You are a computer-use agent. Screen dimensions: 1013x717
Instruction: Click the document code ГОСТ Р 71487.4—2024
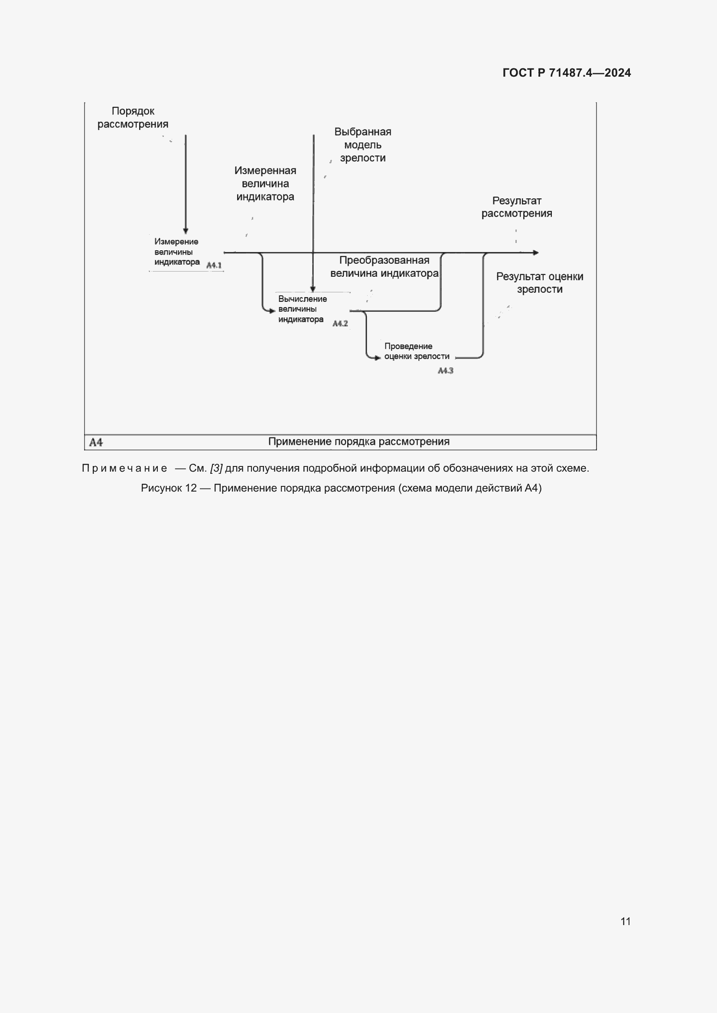click(x=567, y=73)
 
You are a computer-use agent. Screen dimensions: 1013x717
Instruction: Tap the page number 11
click(x=625, y=921)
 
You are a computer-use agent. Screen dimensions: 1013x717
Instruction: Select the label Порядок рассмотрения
click(x=133, y=118)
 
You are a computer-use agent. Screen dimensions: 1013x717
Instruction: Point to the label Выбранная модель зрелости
click(x=362, y=145)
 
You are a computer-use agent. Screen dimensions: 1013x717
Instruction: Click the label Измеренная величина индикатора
click(x=265, y=184)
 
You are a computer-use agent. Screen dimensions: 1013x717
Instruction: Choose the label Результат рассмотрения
click(x=517, y=207)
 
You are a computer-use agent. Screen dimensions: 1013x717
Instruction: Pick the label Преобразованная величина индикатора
click(x=384, y=266)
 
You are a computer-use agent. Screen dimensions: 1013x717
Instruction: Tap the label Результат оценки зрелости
click(x=540, y=283)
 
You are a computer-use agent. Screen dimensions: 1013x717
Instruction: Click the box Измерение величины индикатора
click(x=176, y=252)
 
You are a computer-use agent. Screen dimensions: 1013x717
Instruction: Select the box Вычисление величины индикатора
click(x=302, y=309)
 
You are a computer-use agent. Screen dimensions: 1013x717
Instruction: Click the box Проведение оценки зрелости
click(x=416, y=351)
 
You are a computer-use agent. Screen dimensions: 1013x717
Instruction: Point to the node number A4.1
click(x=214, y=265)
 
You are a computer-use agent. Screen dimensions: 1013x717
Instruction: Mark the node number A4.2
click(x=340, y=324)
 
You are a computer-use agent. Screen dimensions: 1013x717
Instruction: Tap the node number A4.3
click(x=446, y=371)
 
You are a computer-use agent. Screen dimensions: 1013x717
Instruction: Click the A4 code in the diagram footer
click(x=96, y=442)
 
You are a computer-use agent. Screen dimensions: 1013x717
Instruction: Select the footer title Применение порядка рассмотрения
click(x=358, y=442)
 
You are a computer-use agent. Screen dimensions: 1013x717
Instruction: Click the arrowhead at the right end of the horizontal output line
click(x=536, y=253)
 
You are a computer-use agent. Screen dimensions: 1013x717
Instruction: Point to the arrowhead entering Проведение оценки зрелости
click(x=378, y=358)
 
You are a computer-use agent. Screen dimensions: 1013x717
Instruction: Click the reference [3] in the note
click(x=216, y=468)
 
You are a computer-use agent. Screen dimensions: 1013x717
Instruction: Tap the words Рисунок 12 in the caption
click(x=169, y=488)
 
